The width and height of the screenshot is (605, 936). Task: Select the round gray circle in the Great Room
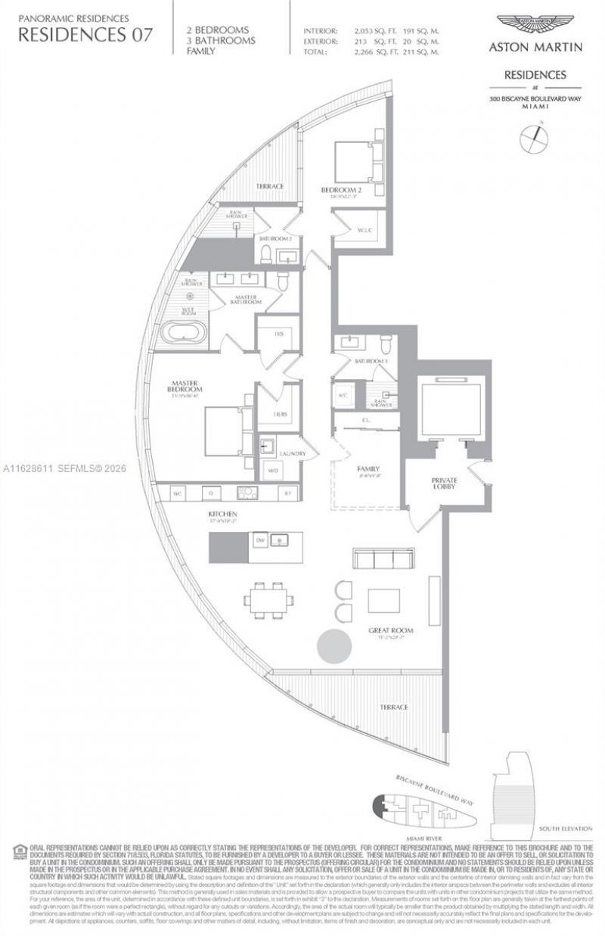pos(334,648)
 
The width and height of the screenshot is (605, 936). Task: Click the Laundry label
pos(292,454)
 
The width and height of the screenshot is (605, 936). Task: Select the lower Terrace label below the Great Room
pos(394,707)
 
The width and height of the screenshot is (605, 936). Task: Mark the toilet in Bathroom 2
pos(265,256)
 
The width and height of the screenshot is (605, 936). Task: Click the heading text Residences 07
pos(85,33)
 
